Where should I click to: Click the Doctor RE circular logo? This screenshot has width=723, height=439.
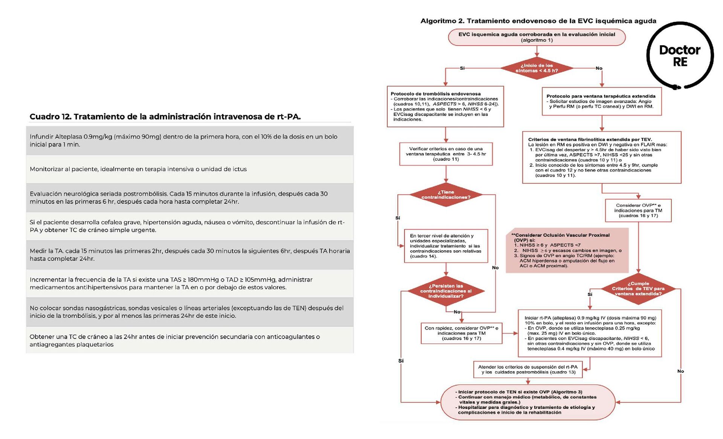tap(680, 56)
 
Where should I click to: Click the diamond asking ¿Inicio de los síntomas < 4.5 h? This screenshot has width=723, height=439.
tap(537, 68)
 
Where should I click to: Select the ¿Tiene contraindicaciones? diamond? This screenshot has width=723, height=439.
tap(446, 195)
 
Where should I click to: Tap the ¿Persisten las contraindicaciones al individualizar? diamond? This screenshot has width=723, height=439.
tap(446, 291)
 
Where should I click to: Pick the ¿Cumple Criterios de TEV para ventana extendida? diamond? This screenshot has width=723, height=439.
tap(638, 289)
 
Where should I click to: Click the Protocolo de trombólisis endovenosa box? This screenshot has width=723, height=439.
tap(445, 107)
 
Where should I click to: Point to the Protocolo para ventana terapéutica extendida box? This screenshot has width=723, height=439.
tap(601, 102)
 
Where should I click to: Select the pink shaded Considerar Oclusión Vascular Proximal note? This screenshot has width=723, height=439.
tap(567, 250)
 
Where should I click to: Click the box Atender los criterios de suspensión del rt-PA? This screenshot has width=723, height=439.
tap(528, 369)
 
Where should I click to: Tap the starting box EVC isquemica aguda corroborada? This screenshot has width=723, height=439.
tap(537, 37)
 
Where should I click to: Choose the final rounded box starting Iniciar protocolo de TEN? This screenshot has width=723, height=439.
tap(528, 402)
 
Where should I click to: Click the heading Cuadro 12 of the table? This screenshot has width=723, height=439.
tap(165, 117)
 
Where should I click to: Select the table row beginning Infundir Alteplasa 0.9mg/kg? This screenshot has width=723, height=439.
tap(190, 140)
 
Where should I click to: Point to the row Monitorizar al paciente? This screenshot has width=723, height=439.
tap(190, 169)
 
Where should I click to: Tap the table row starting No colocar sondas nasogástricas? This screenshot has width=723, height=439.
tap(190, 312)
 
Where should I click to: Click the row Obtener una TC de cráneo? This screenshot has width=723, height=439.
tap(190, 340)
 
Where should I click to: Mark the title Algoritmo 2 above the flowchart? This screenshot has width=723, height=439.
tap(538, 21)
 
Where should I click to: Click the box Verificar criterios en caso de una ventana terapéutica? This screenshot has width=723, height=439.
tap(446, 154)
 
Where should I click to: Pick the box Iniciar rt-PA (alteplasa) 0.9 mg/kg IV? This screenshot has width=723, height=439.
tap(590, 334)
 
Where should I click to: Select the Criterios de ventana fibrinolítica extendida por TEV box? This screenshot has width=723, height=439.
tap(601, 157)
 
